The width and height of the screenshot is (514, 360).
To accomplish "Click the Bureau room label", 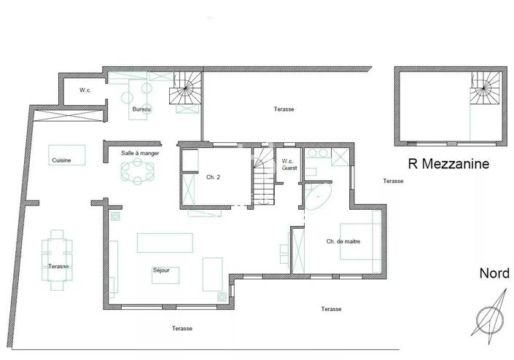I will click(x=141, y=109).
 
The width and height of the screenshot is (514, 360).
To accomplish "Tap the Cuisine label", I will click(x=61, y=161).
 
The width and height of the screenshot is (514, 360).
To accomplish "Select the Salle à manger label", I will click(x=140, y=153).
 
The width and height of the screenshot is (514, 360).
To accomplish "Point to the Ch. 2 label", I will click(x=213, y=177).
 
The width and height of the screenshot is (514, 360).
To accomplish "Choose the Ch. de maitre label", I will click(x=343, y=241).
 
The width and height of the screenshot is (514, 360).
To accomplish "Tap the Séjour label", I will click(x=161, y=270).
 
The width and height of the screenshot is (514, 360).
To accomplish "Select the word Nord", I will click(x=494, y=273).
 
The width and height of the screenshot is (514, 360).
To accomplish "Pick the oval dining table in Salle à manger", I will click(x=138, y=173).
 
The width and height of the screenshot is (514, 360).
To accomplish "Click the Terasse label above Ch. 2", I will click(x=284, y=109).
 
